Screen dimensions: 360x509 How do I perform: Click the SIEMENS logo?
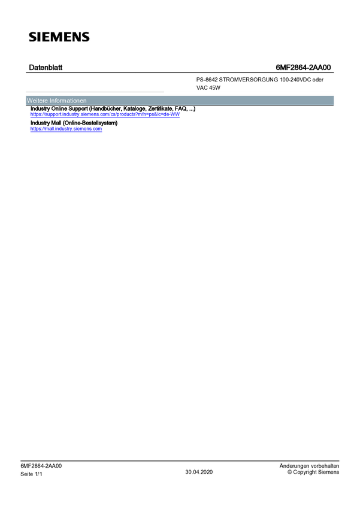coord(59,37)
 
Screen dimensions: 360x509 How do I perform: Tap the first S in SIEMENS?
coord(33,37)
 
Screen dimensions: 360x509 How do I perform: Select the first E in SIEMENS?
coord(45,37)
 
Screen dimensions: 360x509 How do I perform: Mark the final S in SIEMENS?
coord(84,37)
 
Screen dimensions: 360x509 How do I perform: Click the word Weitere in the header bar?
coord(37,101)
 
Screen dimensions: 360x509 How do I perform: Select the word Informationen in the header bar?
coord(68,101)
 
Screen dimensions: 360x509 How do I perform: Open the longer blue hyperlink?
coord(105,114)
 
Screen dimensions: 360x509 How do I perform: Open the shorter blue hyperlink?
coord(66,129)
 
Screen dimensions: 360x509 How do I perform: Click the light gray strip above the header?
coord(95,92)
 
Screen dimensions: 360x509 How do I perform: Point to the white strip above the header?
coord(249,92)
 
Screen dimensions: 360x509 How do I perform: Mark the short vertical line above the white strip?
coord(195,81)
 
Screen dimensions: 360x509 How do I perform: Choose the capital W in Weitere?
coord(29,101)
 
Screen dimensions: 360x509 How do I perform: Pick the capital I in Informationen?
coord(50,101)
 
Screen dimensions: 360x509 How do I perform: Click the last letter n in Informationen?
coord(85,101)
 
